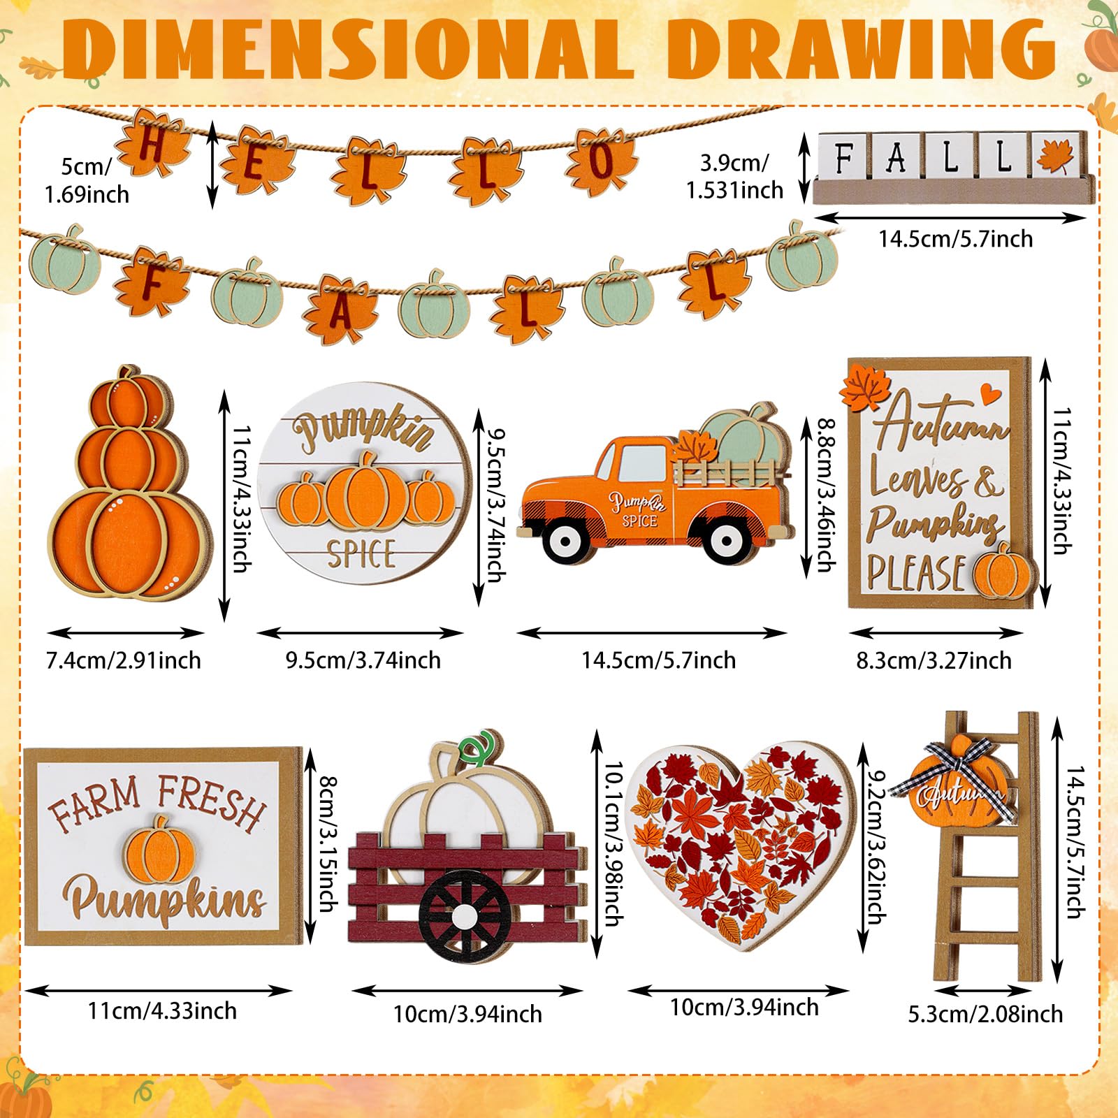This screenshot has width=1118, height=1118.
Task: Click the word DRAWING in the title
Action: coord(862,50)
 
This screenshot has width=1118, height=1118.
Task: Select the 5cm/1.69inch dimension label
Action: coord(87,180)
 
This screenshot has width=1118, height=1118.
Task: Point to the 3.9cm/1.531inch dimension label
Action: coord(734,177)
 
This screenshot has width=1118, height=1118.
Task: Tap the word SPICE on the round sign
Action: coord(361,553)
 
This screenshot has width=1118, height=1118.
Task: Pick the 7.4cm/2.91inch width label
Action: coord(124,660)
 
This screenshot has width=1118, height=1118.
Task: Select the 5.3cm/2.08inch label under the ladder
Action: coord(985,1014)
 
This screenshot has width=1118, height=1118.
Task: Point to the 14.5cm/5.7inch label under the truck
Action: coord(659,660)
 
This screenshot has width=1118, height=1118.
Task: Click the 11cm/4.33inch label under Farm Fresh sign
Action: coord(162,1011)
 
